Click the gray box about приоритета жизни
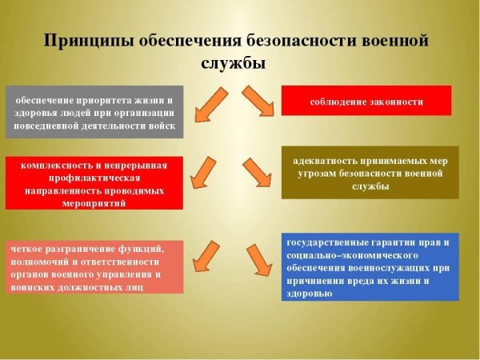95,111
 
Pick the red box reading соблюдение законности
366,102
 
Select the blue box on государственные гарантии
370,267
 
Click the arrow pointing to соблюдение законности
258,99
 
